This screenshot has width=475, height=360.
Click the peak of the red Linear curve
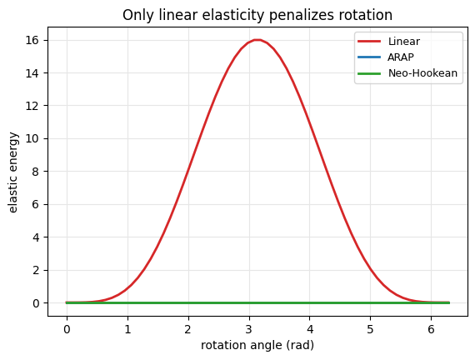click(257, 40)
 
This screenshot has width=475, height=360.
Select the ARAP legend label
click(401, 57)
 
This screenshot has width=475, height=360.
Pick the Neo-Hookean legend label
click(422, 73)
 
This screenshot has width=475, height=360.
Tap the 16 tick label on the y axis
click(32, 40)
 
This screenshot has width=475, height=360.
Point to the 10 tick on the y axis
click(32, 139)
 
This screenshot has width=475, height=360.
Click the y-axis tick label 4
click(36, 237)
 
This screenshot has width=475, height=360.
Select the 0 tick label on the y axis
click(36, 303)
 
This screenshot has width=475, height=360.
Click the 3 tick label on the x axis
click(249, 329)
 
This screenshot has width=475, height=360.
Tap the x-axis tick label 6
click(431, 329)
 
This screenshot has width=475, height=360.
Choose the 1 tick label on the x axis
click(127, 329)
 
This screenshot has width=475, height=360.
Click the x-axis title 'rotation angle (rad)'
click(257, 346)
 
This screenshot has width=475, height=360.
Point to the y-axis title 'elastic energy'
click(12, 172)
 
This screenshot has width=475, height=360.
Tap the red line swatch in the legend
click(369, 41)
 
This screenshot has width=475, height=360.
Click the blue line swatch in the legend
click(369, 57)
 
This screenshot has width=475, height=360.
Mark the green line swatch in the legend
click(369, 73)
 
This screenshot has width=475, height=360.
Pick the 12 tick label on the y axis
click(32, 106)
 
